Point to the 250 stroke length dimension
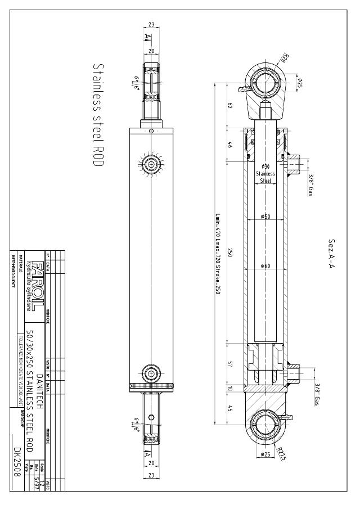[x=231, y=253]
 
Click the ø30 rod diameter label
[x=266, y=166]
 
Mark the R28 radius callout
[x=285, y=58]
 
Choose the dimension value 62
[x=231, y=106]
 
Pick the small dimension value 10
[x=231, y=388]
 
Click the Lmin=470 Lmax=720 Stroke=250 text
[x=218, y=253]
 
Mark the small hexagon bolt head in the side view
[x=151, y=417]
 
